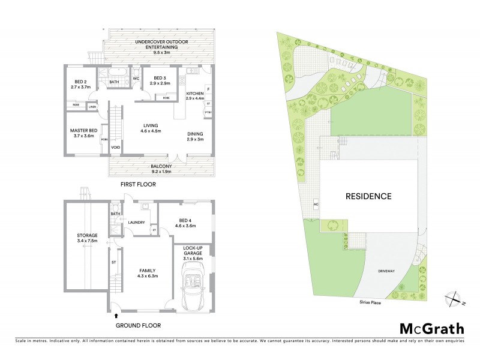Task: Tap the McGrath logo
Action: (x=431, y=328)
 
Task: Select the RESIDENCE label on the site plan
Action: (x=368, y=196)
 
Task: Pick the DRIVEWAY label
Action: (x=386, y=272)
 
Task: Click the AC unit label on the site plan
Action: (x=315, y=205)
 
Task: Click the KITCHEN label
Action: (x=196, y=94)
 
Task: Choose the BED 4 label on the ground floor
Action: (x=185, y=220)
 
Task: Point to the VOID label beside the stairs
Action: (x=115, y=147)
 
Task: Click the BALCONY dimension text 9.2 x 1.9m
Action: (x=161, y=172)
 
